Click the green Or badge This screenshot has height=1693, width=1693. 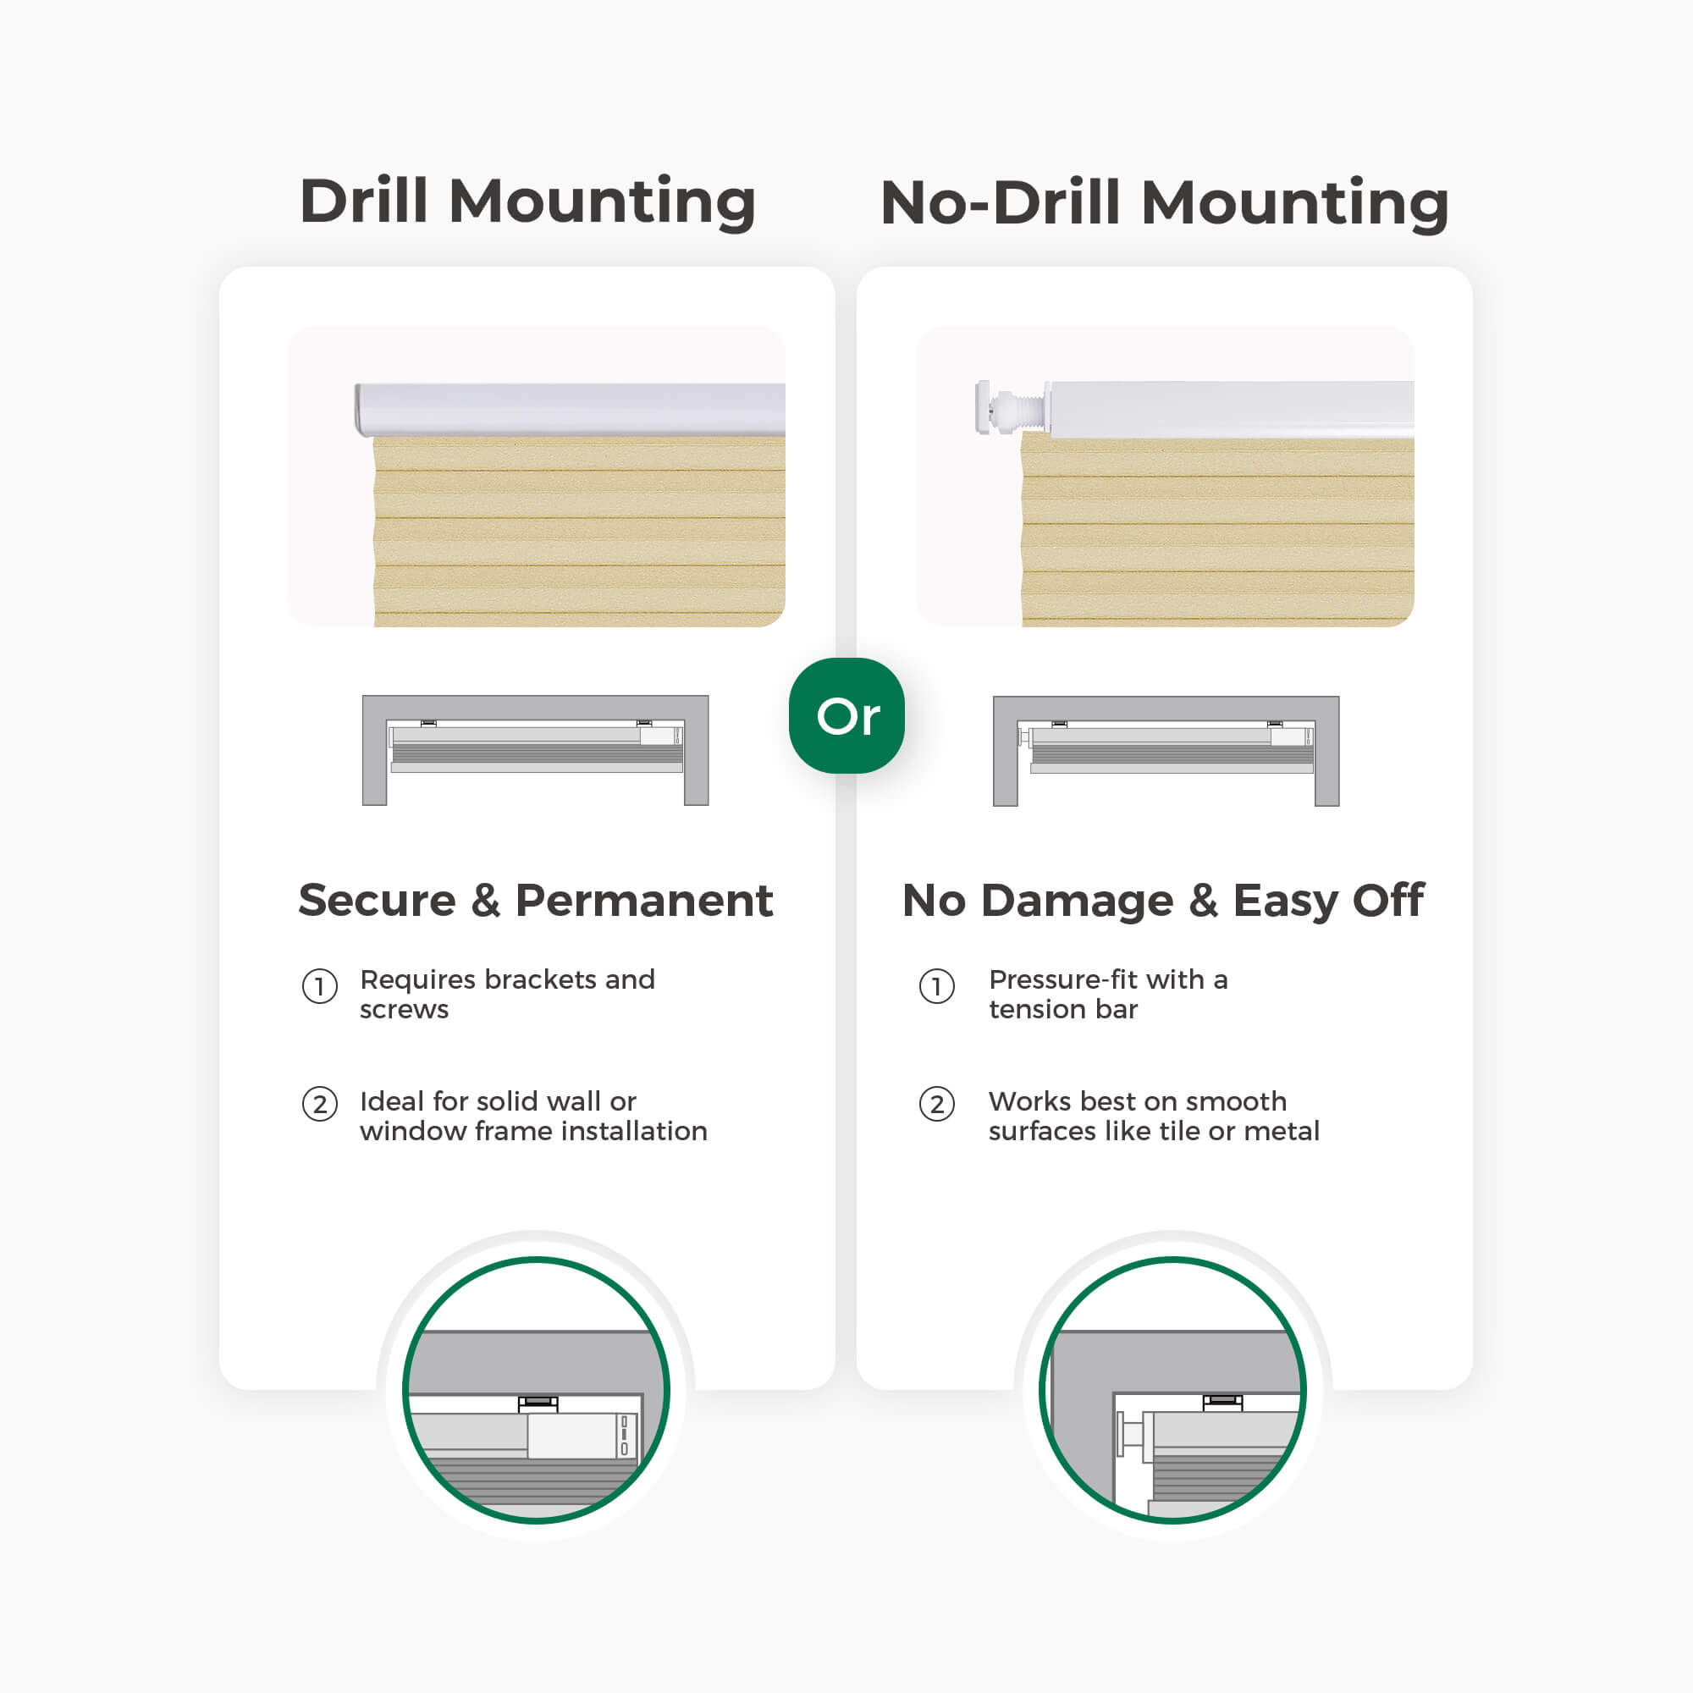click(x=846, y=715)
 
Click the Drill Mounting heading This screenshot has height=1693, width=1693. click(x=527, y=202)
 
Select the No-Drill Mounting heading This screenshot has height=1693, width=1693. click(x=1165, y=202)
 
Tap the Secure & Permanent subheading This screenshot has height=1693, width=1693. click(x=536, y=900)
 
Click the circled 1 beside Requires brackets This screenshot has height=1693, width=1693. click(x=320, y=987)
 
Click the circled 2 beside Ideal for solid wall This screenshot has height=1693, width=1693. click(x=320, y=1104)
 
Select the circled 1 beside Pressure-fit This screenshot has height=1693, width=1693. click(x=937, y=987)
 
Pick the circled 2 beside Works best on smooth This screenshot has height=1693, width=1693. click(x=937, y=1104)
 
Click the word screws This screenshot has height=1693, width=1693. click(x=404, y=1011)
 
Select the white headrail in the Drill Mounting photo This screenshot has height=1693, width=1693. click(x=570, y=409)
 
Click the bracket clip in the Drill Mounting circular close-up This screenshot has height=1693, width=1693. click(x=538, y=1403)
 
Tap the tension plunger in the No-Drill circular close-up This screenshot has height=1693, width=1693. click(x=1133, y=1436)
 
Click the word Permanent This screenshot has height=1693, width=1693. click(x=644, y=900)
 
